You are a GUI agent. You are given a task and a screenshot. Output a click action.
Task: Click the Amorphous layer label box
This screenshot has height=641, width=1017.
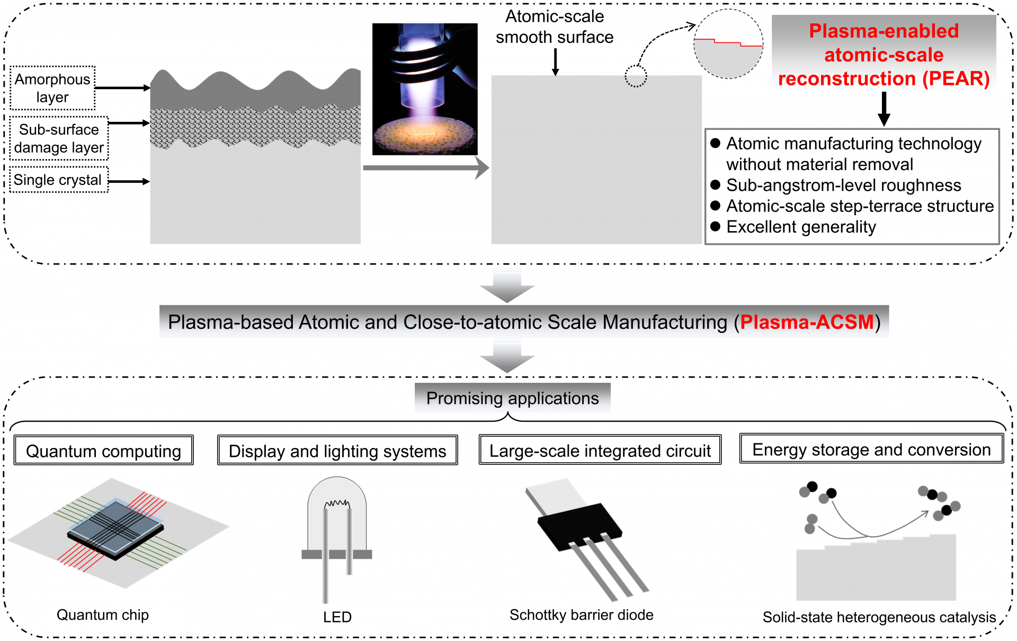pyautogui.click(x=52, y=88)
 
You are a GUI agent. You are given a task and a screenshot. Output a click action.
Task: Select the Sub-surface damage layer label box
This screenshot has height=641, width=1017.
pyautogui.click(x=59, y=138)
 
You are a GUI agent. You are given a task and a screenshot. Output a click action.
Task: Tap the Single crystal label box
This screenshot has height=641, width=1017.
pyautogui.click(x=58, y=180)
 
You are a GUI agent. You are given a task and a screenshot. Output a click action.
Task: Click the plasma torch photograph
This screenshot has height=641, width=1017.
pyautogui.click(x=425, y=89)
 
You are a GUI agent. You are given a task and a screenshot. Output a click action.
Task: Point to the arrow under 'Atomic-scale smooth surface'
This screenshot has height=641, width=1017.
pyautogui.click(x=555, y=62)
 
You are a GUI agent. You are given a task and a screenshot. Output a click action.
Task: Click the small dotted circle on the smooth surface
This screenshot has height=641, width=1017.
pyautogui.click(x=636, y=76)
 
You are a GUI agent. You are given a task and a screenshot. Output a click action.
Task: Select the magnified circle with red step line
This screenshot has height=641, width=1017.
pyautogui.click(x=728, y=45)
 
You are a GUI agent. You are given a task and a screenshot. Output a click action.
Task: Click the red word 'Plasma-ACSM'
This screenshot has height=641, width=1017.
pyautogui.click(x=806, y=322)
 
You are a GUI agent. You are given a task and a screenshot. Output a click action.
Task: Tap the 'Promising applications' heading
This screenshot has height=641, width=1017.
pyautogui.click(x=512, y=398)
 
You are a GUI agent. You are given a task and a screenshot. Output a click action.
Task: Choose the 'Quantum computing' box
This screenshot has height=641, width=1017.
pyautogui.click(x=104, y=451)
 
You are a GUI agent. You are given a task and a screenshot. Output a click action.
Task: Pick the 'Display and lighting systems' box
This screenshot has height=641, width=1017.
pyautogui.click(x=337, y=451)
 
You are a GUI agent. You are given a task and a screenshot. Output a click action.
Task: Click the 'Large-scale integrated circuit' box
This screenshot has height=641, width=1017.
pyautogui.click(x=600, y=450)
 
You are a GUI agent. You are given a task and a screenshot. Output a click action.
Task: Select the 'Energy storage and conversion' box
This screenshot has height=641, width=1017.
pyautogui.click(x=871, y=449)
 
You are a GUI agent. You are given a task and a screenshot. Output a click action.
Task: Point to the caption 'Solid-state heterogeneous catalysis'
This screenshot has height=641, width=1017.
pyautogui.click(x=879, y=617)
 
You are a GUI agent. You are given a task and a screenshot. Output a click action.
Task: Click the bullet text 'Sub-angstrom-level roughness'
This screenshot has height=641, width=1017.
pyautogui.click(x=843, y=185)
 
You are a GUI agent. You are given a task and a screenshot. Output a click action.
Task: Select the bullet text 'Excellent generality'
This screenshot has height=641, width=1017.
pyautogui.click(x=801, y=227)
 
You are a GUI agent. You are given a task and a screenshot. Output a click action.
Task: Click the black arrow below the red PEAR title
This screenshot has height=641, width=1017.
pyautogui.click(x=884, y=109)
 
